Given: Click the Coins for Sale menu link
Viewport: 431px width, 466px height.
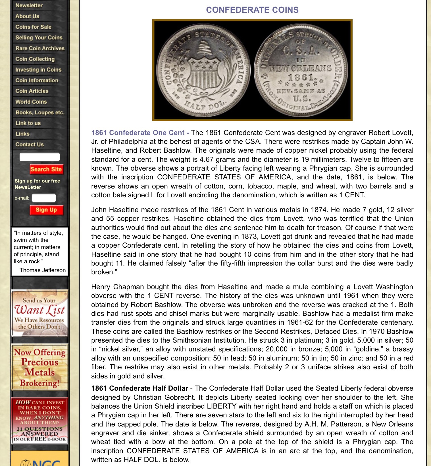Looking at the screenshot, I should pyautogui.click(x=34, y=27).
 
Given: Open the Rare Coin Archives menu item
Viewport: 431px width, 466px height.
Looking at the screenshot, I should pyautogui.click(x=40, y=48).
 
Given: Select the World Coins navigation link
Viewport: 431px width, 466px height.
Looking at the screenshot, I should pyautogui.click(x=31, y=102).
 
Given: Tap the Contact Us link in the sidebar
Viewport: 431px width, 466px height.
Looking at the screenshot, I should pyautogui.click(x=30, y=144).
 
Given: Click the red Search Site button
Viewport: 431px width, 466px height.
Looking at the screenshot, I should pyautogui.click(x=46, y=169).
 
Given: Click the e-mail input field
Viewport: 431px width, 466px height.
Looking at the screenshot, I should pyautogui.click(x=44, y=198).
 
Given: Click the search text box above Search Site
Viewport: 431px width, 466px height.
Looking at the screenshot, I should pyautogui.click(x=39, y=157).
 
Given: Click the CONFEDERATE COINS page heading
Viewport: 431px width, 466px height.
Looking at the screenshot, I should pyautogui.click(x=252, y=10).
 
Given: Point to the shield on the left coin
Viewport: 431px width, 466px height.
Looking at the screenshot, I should pyautogui.click(x=204, y=74).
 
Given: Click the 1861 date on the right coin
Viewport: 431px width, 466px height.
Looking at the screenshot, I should pyautogui.click(x=301, y=77).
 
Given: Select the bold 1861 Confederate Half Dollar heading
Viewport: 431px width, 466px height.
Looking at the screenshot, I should pyautogui.click(x=139, y=388).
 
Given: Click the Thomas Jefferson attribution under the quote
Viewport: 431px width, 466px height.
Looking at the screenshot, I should pyautogui.click(x=43, y=270).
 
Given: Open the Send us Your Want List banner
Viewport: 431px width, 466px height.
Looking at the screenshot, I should pyautogui.click(x=39, y=313).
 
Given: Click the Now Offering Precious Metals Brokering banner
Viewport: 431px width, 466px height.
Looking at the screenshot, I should pyautogui.click(x=39, y=367).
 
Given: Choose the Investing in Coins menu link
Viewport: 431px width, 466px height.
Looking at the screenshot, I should pyautogui.click(x=38, y=70).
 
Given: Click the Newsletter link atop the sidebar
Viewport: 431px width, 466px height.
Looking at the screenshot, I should pyautogui.click(x=29, y=5).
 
